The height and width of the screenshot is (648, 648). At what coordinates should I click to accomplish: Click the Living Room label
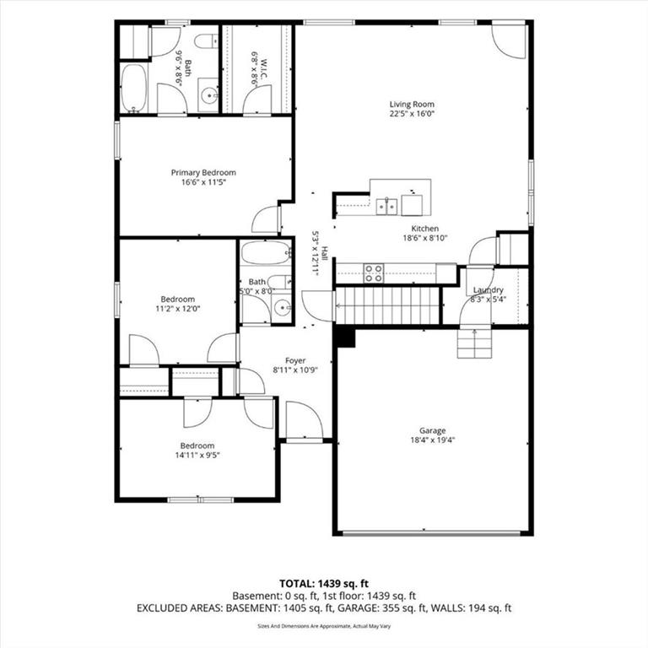[412, 104]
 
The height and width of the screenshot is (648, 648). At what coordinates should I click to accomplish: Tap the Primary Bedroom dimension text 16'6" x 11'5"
[203, 182]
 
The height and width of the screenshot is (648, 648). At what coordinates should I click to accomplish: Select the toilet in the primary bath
[206, 40]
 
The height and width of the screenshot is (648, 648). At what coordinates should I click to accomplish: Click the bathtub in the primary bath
[134, 88]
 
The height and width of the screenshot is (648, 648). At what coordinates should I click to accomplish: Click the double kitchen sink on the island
[386, 207]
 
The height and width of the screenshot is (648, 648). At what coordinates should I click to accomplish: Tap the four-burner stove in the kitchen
[374, 273]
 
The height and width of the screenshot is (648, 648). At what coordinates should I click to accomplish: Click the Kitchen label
[425, 229]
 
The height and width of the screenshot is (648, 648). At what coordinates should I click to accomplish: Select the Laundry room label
[488, 289]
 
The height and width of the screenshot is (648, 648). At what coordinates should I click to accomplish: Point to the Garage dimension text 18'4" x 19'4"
[432, 440]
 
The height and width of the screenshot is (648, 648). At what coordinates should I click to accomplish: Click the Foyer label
[295, 360]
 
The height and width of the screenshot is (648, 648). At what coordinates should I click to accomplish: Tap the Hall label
[325, 253]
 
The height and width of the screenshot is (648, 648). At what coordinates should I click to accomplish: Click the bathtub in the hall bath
[266, 253]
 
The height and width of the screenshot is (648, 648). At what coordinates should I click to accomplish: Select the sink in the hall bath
[283, 308]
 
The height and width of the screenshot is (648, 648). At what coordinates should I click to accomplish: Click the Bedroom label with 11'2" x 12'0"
[178, 299]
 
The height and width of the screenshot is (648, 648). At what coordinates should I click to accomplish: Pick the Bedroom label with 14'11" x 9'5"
[197, 445]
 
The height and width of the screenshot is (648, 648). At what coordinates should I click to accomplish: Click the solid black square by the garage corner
[345, 337]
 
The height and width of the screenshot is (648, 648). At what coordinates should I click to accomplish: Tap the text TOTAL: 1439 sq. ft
[324, 584]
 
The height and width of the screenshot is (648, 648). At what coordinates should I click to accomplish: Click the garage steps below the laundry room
[474, 343]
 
